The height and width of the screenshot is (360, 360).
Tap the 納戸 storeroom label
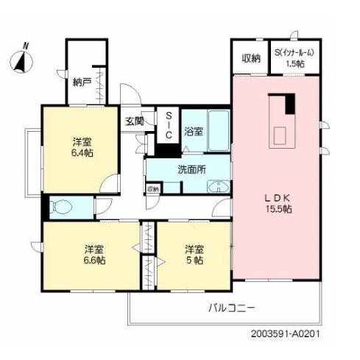82,82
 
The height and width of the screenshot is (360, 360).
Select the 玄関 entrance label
133,122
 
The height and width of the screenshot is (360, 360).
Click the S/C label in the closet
168,126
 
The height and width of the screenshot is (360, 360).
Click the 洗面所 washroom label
191,169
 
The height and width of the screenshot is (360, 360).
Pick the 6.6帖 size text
93,261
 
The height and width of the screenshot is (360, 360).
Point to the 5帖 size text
193,261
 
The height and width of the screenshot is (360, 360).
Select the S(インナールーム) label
297,52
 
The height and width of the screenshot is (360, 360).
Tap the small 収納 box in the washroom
153,189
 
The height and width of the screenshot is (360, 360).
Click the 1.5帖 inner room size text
297,64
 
